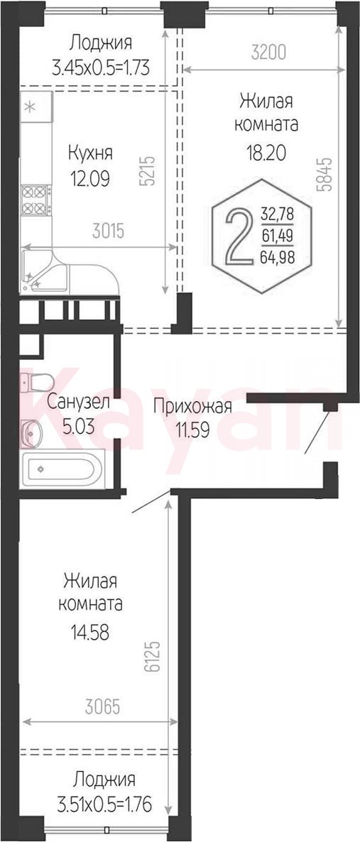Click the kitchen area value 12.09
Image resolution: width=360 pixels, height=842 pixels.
[90, 178]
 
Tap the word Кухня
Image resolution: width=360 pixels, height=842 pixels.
[90, 153]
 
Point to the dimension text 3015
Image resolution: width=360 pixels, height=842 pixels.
[109, 231]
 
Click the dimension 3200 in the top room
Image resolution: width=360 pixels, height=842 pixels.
[268, 53]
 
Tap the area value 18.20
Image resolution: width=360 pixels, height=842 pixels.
[266, 153]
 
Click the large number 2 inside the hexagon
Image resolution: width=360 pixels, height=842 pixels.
[239, 237]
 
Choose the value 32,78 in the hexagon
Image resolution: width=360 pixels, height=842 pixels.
[277, 215]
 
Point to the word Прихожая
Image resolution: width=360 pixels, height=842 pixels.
[192, 407]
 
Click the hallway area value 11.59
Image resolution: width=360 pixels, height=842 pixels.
[192, 430]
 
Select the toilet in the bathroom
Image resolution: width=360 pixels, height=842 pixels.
[36, 383]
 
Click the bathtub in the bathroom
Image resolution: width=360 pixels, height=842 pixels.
[62, 470]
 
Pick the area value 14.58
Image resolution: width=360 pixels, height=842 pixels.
[90, 633]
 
